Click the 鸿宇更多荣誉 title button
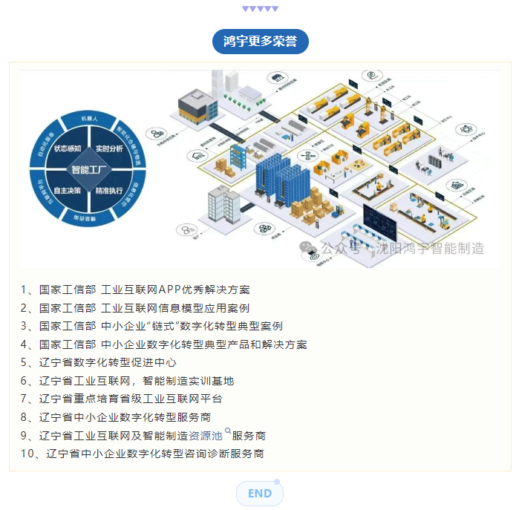pos(260,41)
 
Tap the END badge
pos(260,494)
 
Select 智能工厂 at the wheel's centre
pos(88,169)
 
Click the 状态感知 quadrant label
pos(68,148)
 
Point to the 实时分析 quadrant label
pos(108,148)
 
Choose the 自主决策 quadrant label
pos(68,191)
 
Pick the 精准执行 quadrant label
pos(108,191)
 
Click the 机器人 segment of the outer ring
pos(88,118)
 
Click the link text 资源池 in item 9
pos(206,436)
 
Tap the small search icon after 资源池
pos(227,431)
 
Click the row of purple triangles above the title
pos(260,9)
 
